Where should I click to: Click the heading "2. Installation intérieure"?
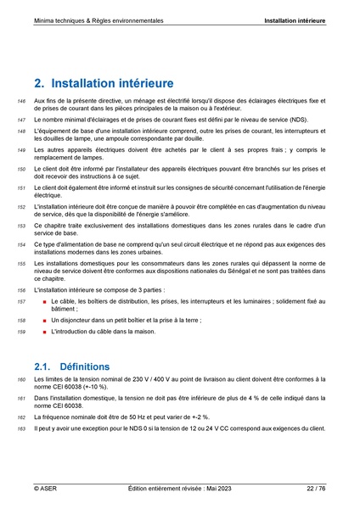[x=104, y=84]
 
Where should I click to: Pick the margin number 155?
[x=20, y=264]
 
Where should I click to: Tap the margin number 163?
[x=20, y=429]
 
